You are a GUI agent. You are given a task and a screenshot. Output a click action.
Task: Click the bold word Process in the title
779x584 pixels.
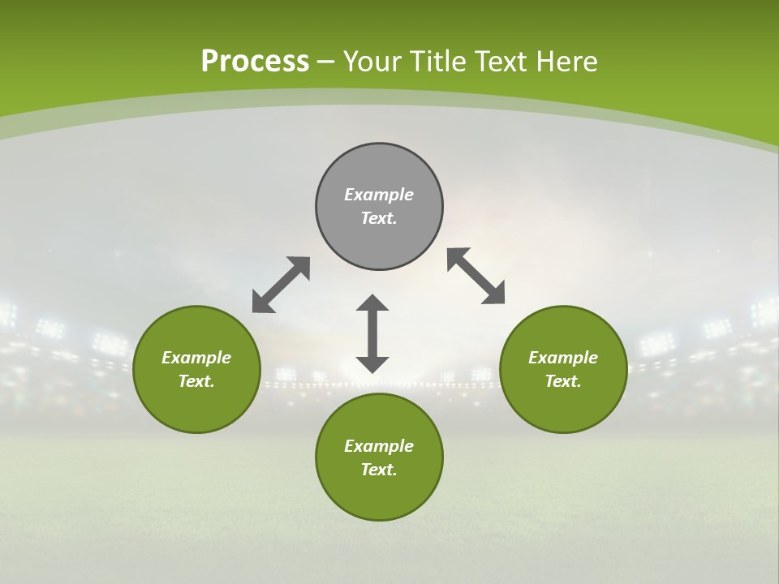255,62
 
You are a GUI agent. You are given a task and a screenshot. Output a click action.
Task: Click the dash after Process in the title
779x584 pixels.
325,62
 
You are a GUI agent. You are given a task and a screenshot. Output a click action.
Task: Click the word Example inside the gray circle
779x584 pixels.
379,195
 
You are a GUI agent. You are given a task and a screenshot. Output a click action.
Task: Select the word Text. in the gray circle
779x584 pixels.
379,218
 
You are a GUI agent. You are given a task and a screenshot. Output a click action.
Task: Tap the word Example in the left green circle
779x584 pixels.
196,358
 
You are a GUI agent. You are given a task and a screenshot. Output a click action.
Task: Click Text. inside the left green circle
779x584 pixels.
196,381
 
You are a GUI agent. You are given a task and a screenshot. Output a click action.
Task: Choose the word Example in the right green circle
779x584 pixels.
563,358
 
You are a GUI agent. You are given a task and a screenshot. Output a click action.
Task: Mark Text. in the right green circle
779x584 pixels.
563,381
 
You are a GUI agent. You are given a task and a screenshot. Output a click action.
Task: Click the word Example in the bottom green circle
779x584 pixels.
379,446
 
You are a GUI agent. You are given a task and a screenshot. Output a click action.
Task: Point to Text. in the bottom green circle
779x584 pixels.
379,470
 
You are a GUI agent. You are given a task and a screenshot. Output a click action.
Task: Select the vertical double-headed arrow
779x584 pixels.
372,333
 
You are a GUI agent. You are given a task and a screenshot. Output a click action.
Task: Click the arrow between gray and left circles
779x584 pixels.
281,285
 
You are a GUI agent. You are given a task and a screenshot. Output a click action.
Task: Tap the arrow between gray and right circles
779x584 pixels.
476,276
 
